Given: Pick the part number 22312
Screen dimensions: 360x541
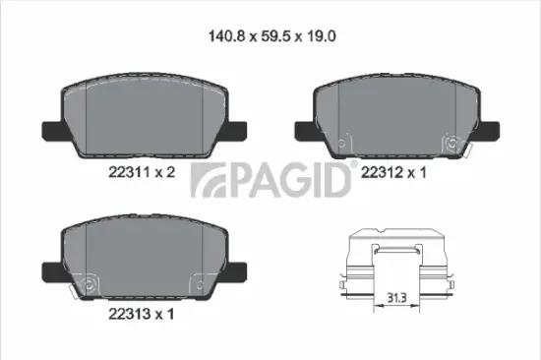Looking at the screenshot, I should click(383, 171).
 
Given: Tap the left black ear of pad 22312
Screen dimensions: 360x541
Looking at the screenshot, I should click(304, 128).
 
